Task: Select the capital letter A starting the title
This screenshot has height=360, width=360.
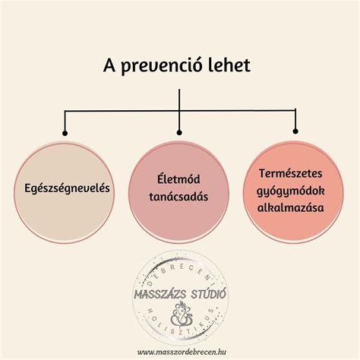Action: point(109,65)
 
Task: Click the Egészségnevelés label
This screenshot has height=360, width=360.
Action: point(67,188)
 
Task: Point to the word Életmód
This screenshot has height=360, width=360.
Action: point(178,178)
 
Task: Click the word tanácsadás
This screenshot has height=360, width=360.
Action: point(178,197)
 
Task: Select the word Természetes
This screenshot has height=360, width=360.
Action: point(291,173)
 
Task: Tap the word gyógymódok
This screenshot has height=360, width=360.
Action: point(291,191)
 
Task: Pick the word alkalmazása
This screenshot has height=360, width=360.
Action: point(291,207)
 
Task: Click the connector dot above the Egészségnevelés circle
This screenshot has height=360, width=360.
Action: point(65,133)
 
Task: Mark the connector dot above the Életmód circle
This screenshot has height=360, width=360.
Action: point(179,133)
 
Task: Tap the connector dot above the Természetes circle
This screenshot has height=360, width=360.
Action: point(295,131)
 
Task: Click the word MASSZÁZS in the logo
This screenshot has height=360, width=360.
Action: point(160,295)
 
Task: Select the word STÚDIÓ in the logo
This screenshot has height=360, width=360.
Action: point(208,294)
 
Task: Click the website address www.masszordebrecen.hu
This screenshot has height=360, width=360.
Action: point(182,352)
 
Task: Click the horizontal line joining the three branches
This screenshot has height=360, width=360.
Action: point(180,111)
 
